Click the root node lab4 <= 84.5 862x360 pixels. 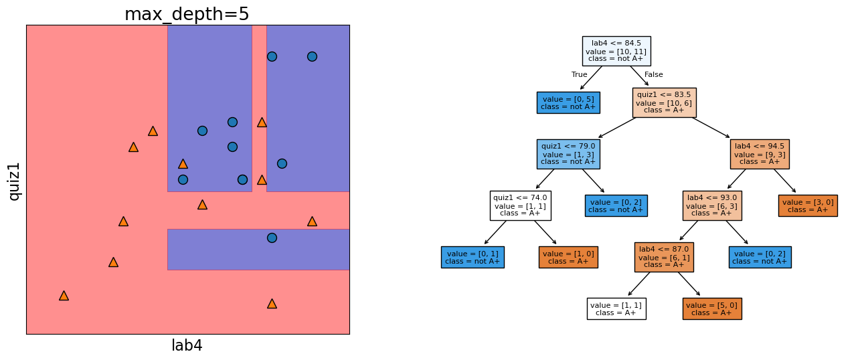click(616, 51)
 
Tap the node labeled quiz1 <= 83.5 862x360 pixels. click(664, 102)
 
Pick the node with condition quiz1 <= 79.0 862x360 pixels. click(568, 154)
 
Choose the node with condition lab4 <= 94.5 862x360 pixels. click(760, 154)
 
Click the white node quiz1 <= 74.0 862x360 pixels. click(520, 205)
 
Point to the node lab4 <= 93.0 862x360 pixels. click(711, 205)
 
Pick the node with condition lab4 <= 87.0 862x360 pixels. click(664, 257)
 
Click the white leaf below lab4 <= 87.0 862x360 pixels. click(616, 308)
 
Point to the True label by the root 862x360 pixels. click(579, 75)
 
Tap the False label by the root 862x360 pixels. click(653, 75)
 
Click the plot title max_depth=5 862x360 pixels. click(187, 14)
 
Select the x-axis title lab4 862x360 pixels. click(187, 346)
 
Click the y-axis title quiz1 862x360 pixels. click(14, 181)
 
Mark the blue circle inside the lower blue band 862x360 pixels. click(272, 238)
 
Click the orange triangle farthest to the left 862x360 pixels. click(64, 295)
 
